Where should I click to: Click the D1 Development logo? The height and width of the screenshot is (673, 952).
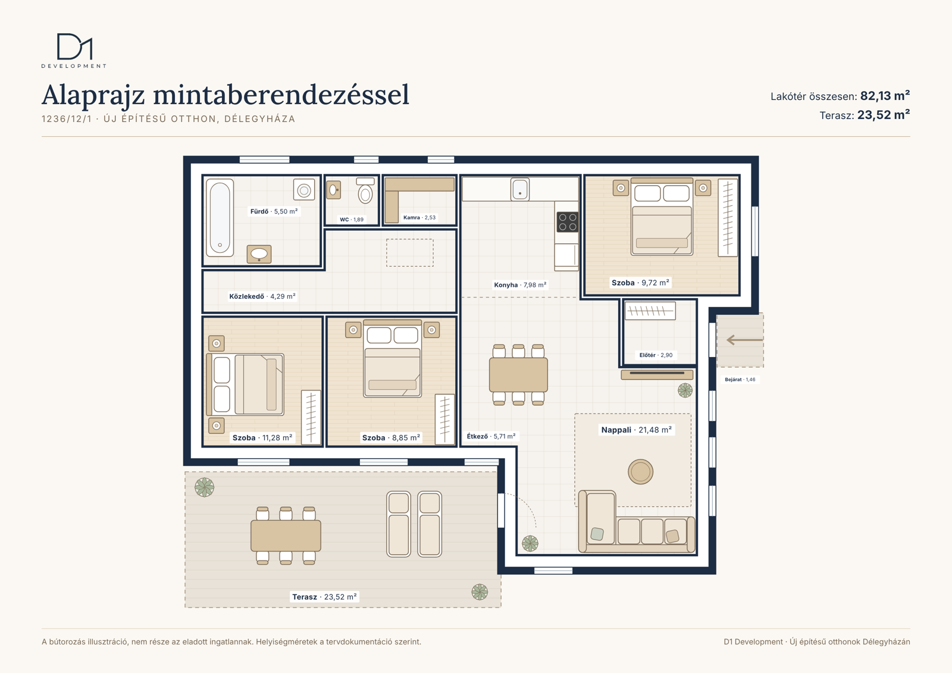pyautogui.click(x=74, y=51)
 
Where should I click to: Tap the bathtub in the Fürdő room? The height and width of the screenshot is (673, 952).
pyautogui.click(x=220, y=218)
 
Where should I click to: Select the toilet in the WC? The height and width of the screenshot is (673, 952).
pyautogui.click(x=365, y=190)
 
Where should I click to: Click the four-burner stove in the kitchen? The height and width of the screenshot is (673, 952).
pyautogui.click(x=568, y=222)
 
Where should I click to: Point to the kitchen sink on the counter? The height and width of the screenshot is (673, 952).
pyautogui.click(x=520, y=189)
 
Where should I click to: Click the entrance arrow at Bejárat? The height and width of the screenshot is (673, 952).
pyautogui.click(x=744, y=340)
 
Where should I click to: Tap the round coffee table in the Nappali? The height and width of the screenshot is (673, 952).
pyautogui.click(x=640, y=471)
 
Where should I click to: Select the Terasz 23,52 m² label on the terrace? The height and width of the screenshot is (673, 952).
pyautogui.click(x=324, y=597)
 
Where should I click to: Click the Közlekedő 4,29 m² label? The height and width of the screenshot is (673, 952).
pyautogui.click(x=262, y=296)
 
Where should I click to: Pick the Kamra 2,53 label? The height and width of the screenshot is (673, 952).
pyautogui.click(x=419, y=217)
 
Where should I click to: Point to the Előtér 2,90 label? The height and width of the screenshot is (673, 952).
pyautogui.click(x=656, y=355)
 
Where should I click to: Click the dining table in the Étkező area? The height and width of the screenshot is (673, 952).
pyautogui.click(x=518, y=374)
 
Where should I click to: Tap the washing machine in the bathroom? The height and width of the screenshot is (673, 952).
pyautogui.click(x=304, y=190)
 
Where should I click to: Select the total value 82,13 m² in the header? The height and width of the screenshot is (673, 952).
pyautogui.click(x=885, y=96)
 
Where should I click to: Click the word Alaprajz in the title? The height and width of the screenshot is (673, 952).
pyautogui.click(x=93, y=95)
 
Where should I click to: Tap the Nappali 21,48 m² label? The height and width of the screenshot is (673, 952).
pyautogui.click(x=636, y=430)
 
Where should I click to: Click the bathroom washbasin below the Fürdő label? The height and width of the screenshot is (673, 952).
pyautogui.click(x=259, y=254)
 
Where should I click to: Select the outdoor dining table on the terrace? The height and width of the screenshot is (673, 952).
pyautogui.click(x=286, y=536)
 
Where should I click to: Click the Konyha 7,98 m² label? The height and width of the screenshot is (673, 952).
pyautogui.click(x=520, y=285)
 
